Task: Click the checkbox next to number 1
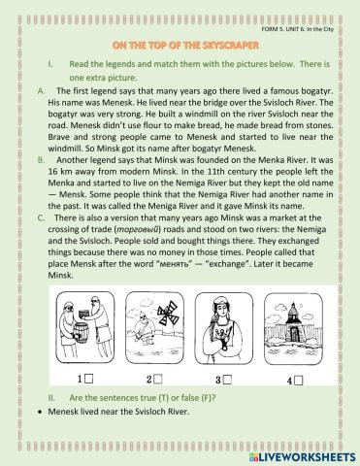(x=89, y=379)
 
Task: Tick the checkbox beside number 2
(x=158, y=380)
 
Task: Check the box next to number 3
(x=228, y=380)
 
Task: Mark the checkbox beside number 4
(x=299, y=381)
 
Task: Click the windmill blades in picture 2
(x=168, y=313)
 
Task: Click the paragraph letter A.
(x=42, y=91)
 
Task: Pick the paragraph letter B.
(x=41, y=160)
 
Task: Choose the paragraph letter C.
(x=41, y=217)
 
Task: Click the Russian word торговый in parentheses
(x=138, y=230)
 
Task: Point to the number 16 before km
(x=53, y=172)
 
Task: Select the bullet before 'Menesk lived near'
(x=40, y=413)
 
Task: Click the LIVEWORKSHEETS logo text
(x=306, y=457)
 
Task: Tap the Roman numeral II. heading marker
(x=51, y=398)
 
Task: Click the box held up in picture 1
(x=84, y=314)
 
